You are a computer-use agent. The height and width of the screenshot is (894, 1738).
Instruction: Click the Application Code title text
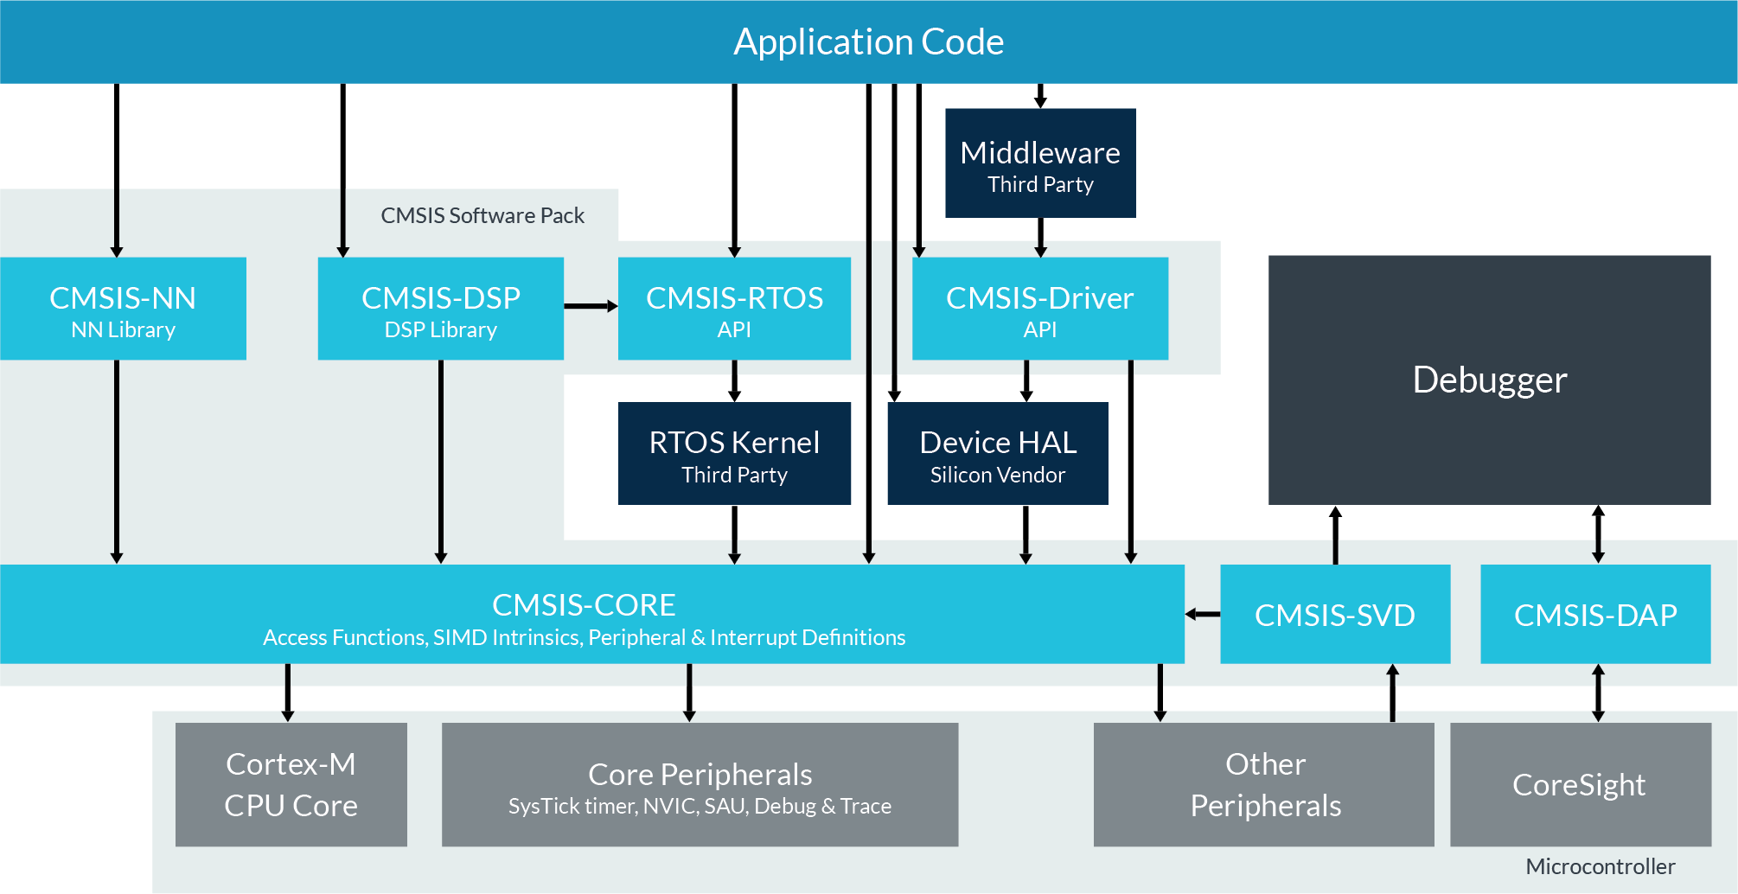click(x=868, y=42)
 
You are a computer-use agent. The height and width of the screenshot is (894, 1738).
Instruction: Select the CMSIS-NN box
click(x=123, y=309)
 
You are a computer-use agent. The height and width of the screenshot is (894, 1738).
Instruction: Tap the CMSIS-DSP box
click(x=440, y=309)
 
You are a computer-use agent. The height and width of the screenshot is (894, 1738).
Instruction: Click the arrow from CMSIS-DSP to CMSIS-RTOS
click(x=591, y=306)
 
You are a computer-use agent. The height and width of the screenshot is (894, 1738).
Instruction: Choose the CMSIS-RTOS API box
click(x=734, y=309)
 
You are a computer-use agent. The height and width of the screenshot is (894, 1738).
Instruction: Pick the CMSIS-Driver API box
click(x=1039, y=309)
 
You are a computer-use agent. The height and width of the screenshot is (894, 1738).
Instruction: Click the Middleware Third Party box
click(x=1040, y=163)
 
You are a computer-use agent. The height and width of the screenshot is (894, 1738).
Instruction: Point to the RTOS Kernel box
click(x=734, y=454)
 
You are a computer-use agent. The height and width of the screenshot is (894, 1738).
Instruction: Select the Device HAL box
click(x=998, y=454)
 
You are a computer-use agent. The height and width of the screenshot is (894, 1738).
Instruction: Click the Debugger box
click(x=1489, y=380)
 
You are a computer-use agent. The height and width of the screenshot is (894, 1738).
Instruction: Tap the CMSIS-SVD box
click(x=1334, y=615)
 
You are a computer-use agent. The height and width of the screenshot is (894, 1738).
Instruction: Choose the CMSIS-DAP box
click(x=1595, y=615)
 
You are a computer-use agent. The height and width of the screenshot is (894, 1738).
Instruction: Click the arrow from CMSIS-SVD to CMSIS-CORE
click(x=1203, y=615)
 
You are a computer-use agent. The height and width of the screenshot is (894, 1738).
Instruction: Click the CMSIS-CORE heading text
click(x=584, y=604)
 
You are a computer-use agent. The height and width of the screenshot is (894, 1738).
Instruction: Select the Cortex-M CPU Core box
click(x=291, y=784)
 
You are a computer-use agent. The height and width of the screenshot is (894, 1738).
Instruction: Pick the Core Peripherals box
click(x=700, y=784)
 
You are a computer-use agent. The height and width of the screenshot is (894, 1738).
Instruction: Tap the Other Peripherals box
click(x=1264, y=784)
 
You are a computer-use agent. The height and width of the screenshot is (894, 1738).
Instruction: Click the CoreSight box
click(x=1579, y=784)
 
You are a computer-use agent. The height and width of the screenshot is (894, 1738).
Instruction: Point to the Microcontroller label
click(x=1600, y=866)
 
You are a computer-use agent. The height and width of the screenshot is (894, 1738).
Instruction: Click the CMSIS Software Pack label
click(x=482, y=215)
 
